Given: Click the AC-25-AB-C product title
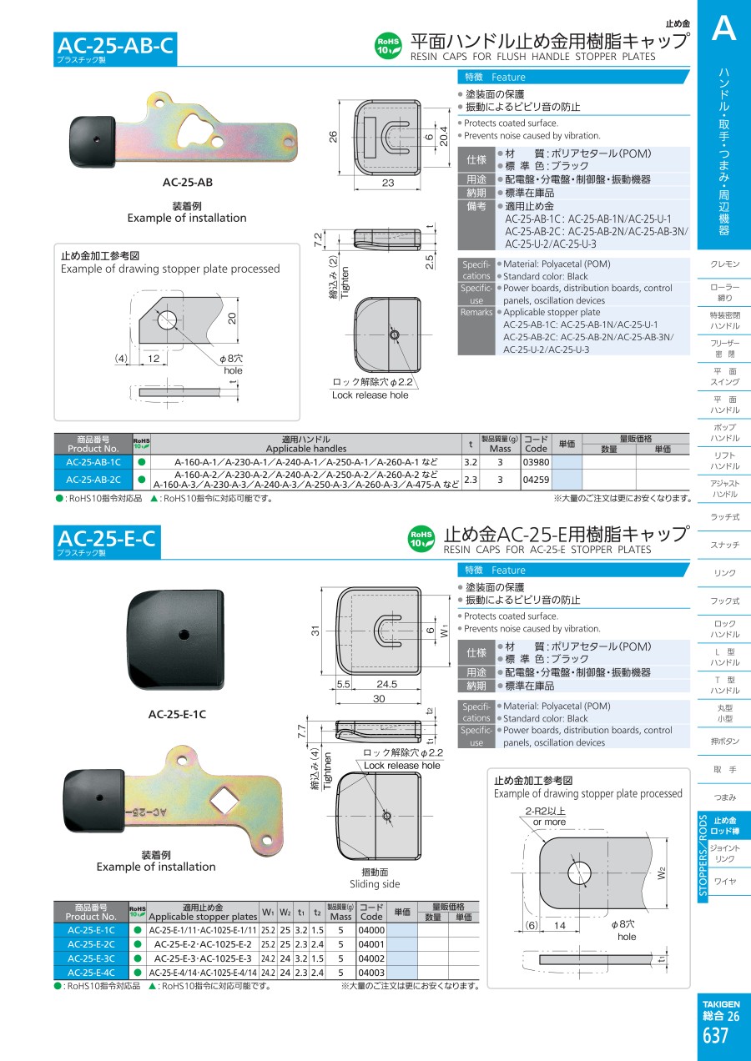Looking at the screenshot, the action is (x=115, y=46).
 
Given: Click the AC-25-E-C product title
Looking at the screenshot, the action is (x=106, y=539).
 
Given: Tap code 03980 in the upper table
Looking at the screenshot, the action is (x=536, y=462).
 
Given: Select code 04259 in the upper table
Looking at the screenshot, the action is (x=536, y=480).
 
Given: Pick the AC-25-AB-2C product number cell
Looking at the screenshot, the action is (x=93, y=480).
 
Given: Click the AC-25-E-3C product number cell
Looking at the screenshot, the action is (x=91, y=958).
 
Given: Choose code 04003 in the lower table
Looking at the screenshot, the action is (x=371, y=973).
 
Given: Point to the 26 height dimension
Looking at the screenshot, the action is (x=333, y=137).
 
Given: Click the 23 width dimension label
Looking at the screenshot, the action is (x=387, y=183).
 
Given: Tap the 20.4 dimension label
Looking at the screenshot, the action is (x=443, y=136).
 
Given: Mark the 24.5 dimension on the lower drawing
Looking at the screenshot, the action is (x=386, y=684).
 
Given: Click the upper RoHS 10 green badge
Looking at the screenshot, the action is (x=389, y=46).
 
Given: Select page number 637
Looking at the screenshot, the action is (x=715, y=1035).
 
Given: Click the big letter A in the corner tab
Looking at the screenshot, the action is (x=723, y=28).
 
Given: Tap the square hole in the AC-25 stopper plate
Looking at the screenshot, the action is (x=223, y=800).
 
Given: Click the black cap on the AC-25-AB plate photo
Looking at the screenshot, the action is (x=93, y=142).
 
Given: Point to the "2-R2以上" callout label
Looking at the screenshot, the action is (x=545, y=811).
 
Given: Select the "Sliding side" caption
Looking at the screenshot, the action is (x=375, y=884).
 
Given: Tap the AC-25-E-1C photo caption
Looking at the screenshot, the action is (x=177, y=714).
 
